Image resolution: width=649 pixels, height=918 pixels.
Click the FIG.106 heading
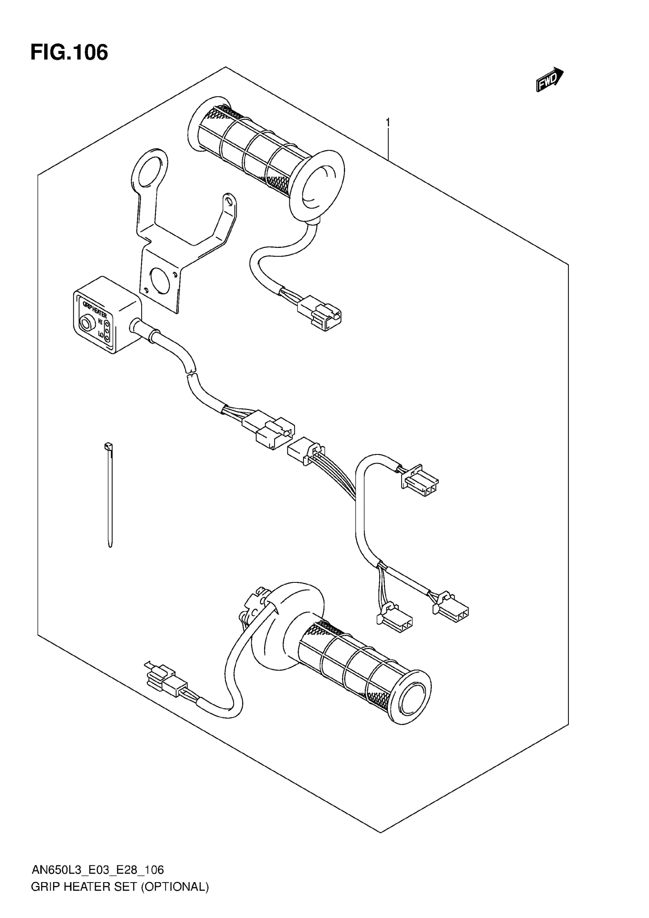click(x=69, y=53)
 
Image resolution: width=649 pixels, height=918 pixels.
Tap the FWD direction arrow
click(x=549, y=79)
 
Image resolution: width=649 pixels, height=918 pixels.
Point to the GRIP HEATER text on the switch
click(x=94, y=309)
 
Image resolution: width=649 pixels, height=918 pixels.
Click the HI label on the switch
click(x=100, y=322)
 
